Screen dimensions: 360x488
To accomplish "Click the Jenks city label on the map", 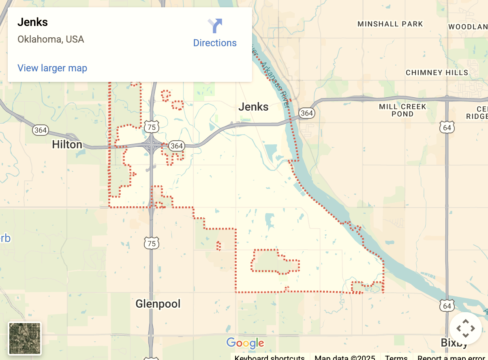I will (253, 107).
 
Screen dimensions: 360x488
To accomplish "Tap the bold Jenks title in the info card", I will (32, 22).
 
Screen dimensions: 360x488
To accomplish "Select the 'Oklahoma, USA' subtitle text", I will (51, 40).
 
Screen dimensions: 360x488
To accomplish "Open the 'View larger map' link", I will (52, 68).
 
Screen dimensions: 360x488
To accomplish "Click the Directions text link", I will (215, 43).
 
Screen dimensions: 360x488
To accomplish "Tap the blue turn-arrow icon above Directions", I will (215, 26).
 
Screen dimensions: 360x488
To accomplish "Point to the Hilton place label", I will (67, 145).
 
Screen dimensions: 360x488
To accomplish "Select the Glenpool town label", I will (158, 304).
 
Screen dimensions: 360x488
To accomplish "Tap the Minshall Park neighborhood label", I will (390, 24).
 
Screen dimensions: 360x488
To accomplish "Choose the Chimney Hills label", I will (437, 73).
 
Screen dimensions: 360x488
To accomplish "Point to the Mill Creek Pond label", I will (402, 110).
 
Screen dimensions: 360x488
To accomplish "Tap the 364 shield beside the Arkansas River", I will (307, 113).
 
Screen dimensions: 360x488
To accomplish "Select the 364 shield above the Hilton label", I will (41, 130).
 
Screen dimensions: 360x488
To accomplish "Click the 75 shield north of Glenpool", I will (152, 244).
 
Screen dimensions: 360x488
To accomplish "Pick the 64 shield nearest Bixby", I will (447, 306).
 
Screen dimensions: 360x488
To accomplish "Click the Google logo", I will (245, 343).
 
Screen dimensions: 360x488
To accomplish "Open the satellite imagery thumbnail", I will (25, 339).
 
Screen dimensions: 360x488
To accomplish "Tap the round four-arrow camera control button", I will (465, 328).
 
